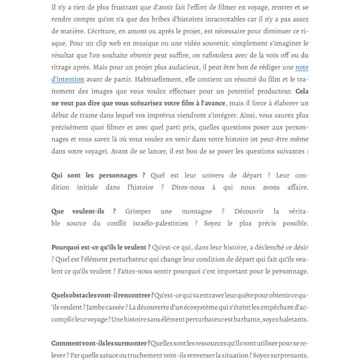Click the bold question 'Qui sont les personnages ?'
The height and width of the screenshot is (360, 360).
(x=98, y=175)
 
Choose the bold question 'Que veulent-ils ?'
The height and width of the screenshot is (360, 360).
(x=84, y=211)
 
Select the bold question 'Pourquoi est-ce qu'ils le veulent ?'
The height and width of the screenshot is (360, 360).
(x=101, y=247)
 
